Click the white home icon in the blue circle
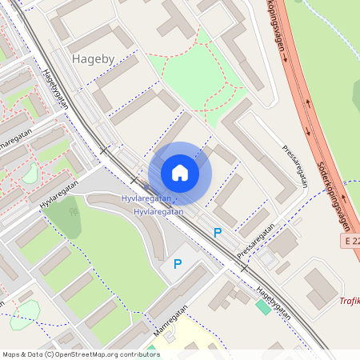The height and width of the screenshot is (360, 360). (x=180, y=173)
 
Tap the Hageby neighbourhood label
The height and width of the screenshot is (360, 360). (x=93, y=58)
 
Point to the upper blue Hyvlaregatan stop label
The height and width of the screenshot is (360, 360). (x=146, y=198)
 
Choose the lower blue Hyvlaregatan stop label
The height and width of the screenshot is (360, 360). (x=158, y=212)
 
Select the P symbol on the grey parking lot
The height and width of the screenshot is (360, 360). (x=178, y=264)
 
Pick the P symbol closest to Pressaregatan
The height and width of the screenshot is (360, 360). (x=217, y=233)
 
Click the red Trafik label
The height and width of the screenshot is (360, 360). (x=349, y=301)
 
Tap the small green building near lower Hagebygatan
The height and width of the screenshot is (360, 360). (x=262, y=307)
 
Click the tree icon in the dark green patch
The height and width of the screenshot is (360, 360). (x=73, y=212)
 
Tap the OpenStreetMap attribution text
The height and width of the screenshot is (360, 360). (x=81, y=354)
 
